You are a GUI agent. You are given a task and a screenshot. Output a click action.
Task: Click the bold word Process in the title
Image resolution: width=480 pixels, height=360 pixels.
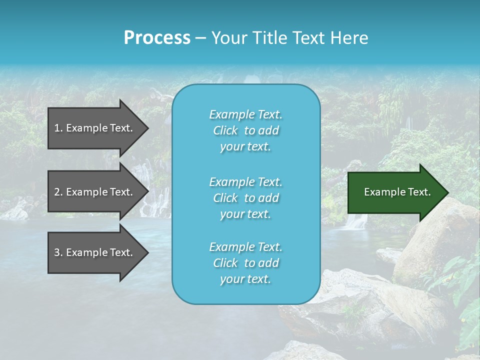[157, 38]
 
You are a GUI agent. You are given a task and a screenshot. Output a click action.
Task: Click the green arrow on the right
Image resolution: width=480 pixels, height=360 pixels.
[395, 192]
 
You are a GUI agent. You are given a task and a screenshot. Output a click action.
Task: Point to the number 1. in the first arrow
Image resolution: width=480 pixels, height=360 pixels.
[58, 128]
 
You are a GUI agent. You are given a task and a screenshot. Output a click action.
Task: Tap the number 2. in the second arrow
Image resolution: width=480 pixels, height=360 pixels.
[58, 192]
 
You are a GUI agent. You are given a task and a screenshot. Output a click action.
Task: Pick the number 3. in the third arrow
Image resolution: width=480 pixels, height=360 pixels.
[58, 252]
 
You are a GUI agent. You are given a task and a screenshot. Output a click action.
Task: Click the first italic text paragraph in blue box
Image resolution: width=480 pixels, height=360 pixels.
[245, 130]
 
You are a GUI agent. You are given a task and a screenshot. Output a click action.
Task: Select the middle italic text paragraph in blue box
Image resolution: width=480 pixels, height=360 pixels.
[245, 198]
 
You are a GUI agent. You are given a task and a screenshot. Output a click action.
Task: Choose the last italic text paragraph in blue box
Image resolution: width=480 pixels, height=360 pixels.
[245, 263]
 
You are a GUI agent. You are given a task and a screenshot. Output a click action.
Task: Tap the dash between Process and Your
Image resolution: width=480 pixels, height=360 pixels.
[201, 38]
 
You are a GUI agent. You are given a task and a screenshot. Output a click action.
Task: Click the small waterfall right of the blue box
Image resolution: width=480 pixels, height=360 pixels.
[356, 220]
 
